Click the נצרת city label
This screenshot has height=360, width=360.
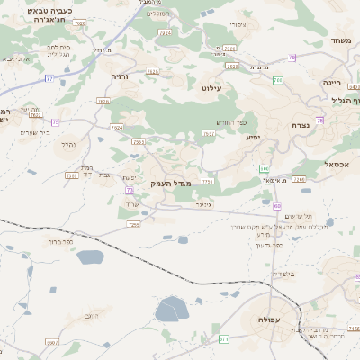coord(301,126)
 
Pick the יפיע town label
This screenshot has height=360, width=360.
coord(252,138)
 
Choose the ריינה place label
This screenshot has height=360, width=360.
coord(332,82)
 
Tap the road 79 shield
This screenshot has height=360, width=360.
coord(292,58)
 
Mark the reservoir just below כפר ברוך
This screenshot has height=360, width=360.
coord(91,257)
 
